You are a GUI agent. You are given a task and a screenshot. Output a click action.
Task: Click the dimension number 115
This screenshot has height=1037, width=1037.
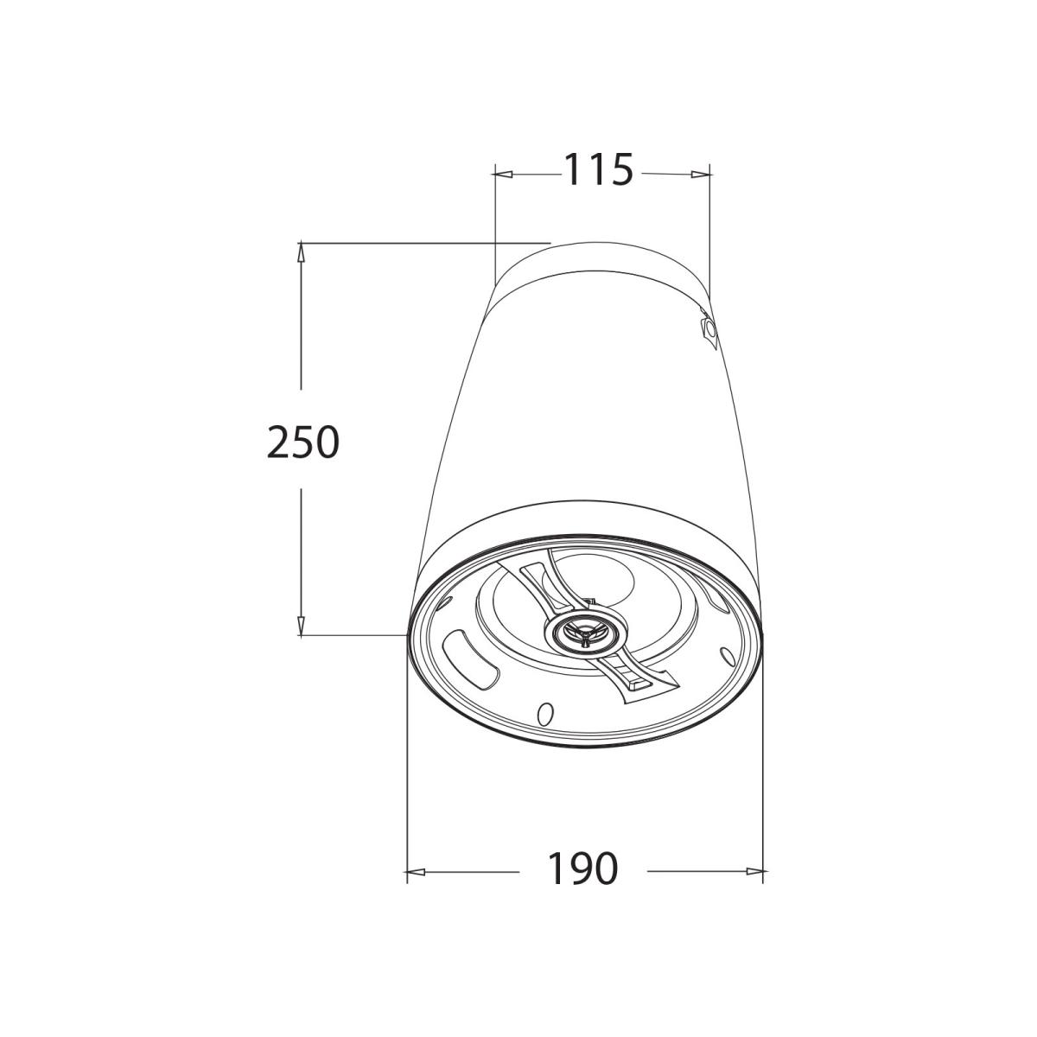click(598, 169)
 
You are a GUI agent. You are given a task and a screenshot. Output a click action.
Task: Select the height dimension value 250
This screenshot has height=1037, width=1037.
click(303, 442)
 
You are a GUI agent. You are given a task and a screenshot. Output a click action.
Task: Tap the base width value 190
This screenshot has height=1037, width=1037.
click(582, 868)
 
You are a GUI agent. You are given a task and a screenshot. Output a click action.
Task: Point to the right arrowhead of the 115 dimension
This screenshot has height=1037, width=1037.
click(701, 174)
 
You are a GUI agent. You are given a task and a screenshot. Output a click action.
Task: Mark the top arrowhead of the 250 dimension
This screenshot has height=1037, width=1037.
click(301, 252)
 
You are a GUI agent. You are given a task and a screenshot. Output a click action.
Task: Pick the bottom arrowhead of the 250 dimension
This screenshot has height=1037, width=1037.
click(301, 626)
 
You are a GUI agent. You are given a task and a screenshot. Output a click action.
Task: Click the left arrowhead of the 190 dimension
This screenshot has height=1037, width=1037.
click(416, 871)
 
